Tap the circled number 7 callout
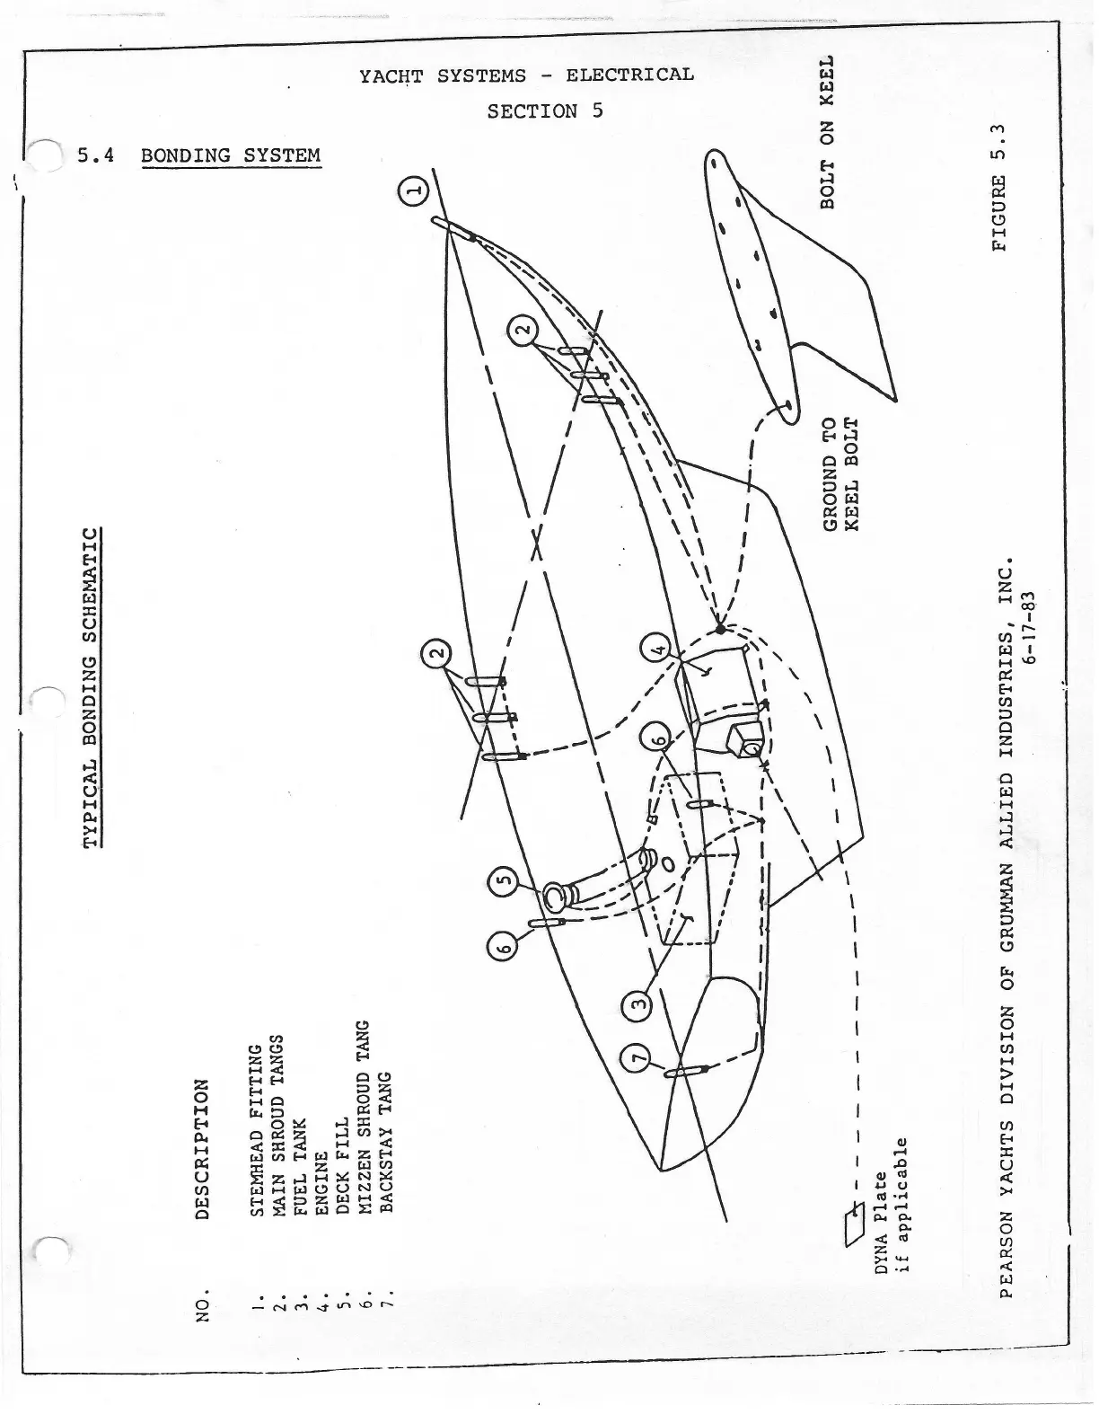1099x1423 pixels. pyautogui.click(x=637, y=1061)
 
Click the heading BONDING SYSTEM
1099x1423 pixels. pyautogui.click(x=230, y=155)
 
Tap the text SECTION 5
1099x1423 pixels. pyautogui.click(x=545, y=111)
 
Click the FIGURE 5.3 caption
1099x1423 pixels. pyautogui.click(x=1002, y=185)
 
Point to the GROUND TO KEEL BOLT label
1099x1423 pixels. pyautogui.click(x=840, y=473)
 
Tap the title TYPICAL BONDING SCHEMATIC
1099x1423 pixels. pyautogui.click(x=92, y=687)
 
